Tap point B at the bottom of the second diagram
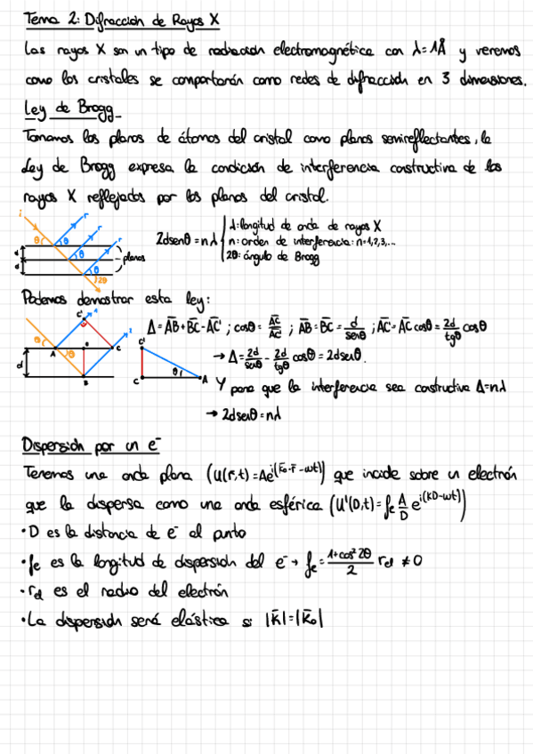85,384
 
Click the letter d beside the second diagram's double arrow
20,365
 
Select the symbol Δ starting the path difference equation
151,326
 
